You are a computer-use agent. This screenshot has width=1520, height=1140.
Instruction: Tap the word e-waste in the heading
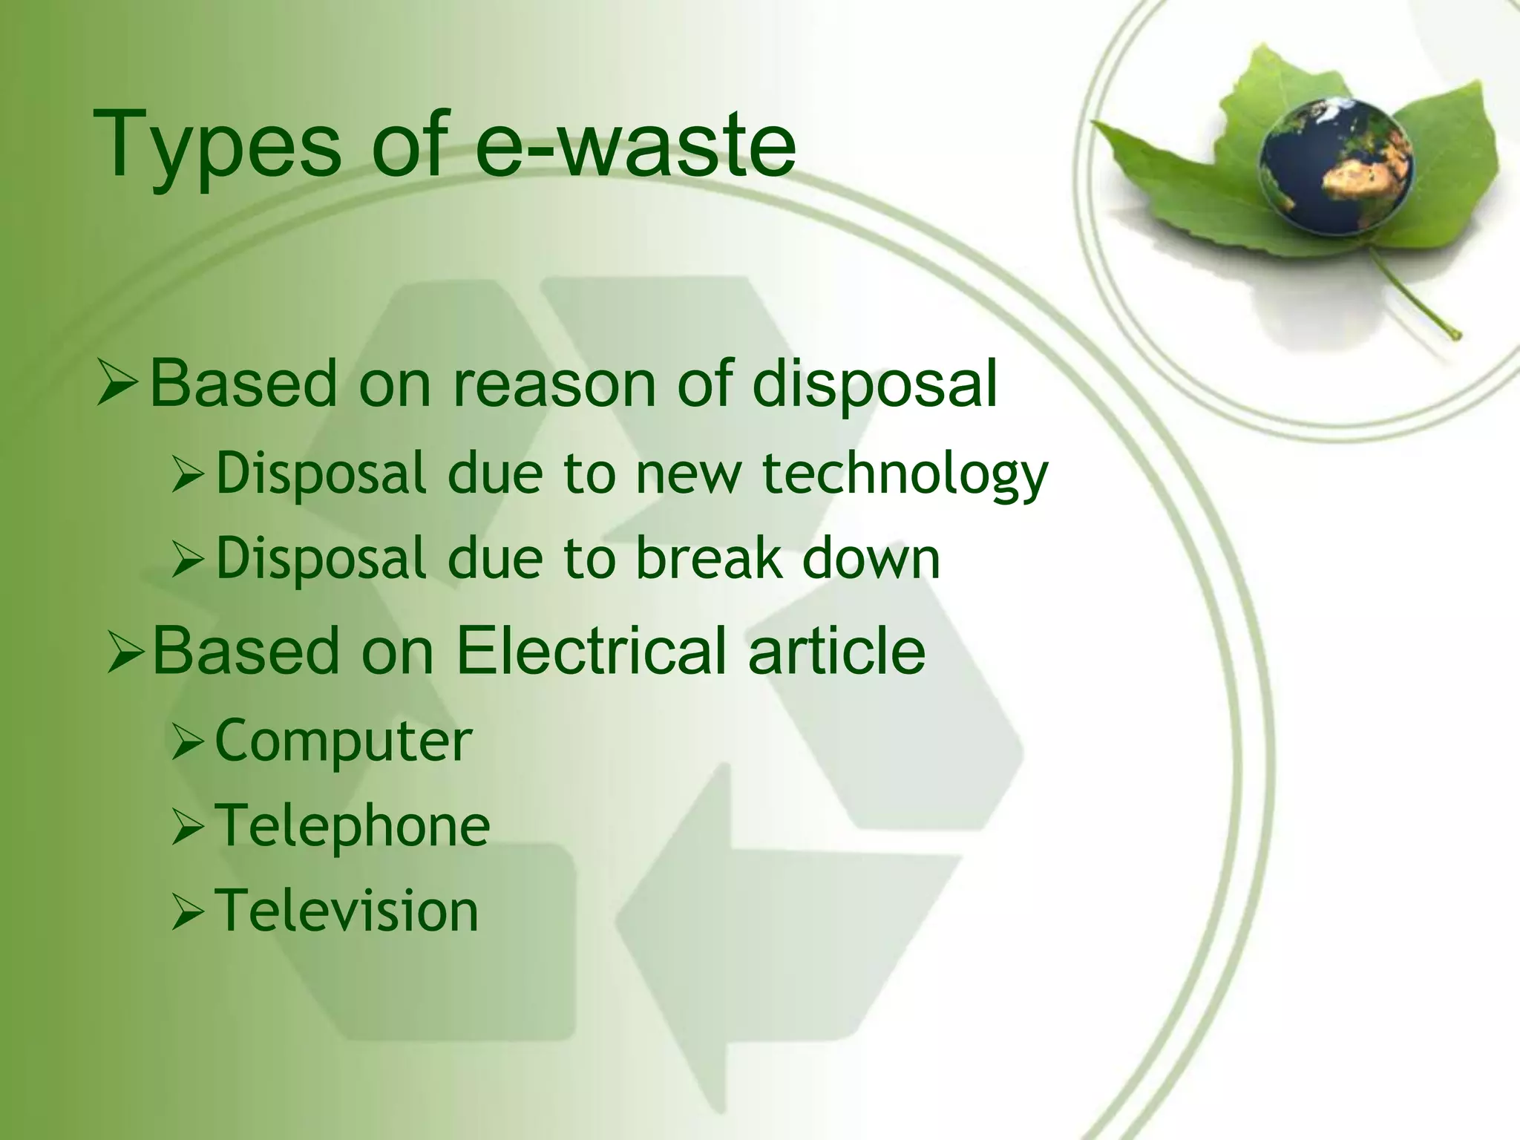635,145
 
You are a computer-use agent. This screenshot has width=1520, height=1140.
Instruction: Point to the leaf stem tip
1456,335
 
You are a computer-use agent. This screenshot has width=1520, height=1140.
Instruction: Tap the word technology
905,475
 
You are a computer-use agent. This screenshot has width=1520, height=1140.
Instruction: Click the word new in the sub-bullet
689,475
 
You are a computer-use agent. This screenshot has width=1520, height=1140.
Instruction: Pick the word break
710,560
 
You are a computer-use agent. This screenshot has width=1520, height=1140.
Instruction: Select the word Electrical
591,651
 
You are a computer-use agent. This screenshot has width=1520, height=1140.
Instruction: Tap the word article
836,651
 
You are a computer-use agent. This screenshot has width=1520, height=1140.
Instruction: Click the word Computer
344,741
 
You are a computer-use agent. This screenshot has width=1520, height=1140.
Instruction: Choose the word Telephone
353,826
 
